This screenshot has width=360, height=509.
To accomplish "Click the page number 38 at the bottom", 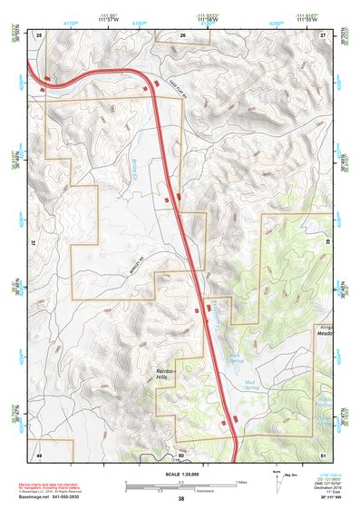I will pyautogui.click(x=181, y=499).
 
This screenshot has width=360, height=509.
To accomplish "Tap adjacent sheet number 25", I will pyautogui.click(x=40, y=34).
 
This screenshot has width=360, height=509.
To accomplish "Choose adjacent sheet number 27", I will pyautogui.click(x=324, y=34).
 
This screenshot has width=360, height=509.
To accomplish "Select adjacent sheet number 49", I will pyautogui.click(x=39, y=454).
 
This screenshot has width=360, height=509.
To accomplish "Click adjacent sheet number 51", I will pyautogui.click(x=324, y=454).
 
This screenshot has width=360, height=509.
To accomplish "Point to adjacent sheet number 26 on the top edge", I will pyautogui.click(x=182, y=35).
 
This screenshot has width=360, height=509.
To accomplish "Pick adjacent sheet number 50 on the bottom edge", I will pyautogui.click(x=181, y=454).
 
